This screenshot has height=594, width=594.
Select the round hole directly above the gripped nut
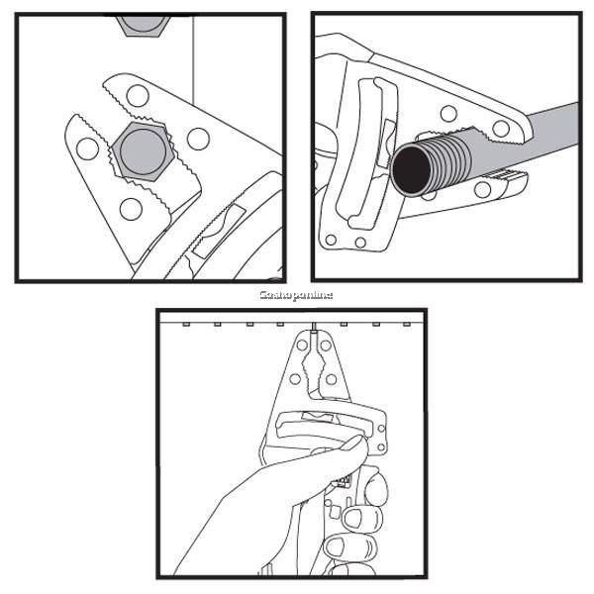pos(138,96)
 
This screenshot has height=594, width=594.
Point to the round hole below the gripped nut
pos(130,207)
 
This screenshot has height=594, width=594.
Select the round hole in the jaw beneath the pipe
pos(482,189)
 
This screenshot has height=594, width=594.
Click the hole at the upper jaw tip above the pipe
pos(501,128)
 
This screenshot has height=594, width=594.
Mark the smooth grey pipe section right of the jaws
pos(549,124)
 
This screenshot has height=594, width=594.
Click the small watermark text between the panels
pos(296,295)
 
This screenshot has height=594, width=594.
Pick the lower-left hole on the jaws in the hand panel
pos(294,377)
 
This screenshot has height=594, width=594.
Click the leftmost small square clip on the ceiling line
pos(186,324)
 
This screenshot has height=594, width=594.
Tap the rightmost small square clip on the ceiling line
pos(405,324)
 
